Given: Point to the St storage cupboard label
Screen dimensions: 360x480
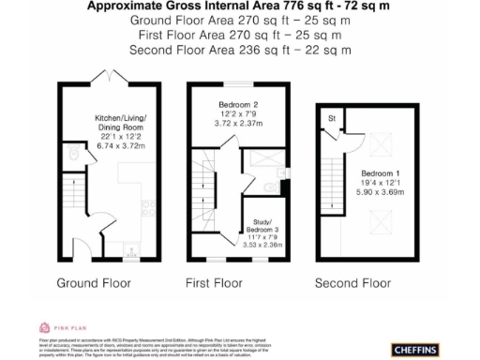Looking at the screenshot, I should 331,118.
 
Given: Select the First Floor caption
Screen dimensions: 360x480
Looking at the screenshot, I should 227,282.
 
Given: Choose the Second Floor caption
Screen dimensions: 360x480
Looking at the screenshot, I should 352,282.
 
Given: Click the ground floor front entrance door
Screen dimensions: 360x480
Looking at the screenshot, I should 95,230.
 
